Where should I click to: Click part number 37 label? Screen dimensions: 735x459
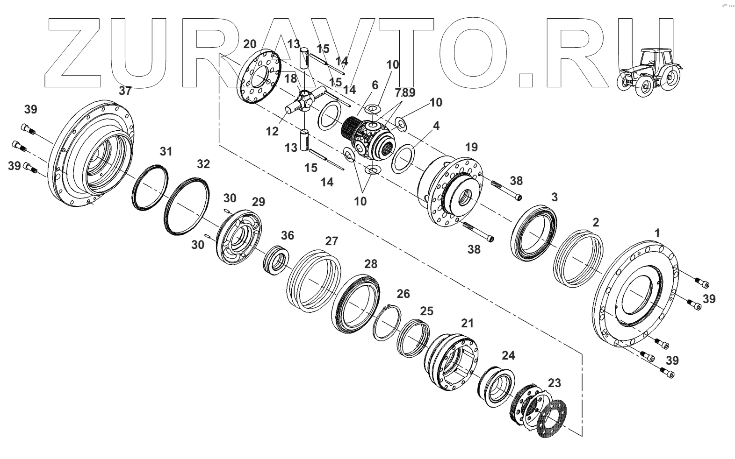(125, 91)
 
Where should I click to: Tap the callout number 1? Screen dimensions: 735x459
(657, 233)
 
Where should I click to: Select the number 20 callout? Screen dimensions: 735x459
(250, 44)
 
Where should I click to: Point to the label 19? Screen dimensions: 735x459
(471, 147)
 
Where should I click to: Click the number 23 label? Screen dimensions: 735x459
(554, 383)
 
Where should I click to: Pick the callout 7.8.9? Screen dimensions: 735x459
(404, 92)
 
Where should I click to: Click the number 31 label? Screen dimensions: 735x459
(166, 151)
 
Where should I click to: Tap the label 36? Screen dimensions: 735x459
(287, 235)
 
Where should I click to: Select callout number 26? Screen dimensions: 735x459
(403, 294)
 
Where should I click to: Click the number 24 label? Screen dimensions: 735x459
(508, 355)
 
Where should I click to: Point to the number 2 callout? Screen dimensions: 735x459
(595, 222)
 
